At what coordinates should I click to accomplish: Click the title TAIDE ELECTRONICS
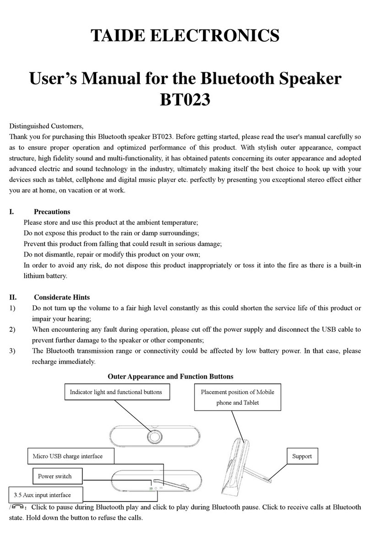(185, 35)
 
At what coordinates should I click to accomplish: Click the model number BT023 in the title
(185, 99)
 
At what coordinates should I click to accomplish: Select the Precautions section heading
(52, 212)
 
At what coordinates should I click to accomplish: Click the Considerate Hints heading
(62, 297)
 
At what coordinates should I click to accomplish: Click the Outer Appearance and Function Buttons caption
(170, 376)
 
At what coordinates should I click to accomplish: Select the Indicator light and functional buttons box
(115, 392)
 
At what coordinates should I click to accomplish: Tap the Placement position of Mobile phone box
(237, 397)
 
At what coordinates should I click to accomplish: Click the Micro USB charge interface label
(68, 456)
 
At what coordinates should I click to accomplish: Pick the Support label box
(302, 456)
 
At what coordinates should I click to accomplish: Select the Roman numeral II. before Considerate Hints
(13, 297)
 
